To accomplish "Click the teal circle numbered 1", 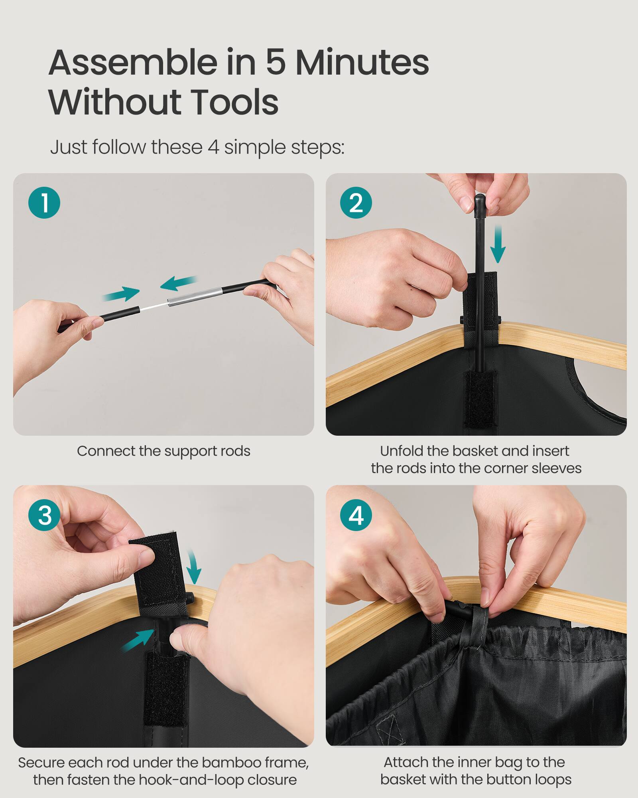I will [x=44, y=202].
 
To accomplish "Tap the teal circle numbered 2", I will [x=356, y=202].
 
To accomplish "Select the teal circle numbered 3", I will [x=44, y=515].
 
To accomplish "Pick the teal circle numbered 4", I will [x=356, y=515].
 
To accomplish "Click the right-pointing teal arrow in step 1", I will [x=122, y=294].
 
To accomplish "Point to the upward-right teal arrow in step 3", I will [x=138, y=639].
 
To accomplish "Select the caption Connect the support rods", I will [x=163, y=451].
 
